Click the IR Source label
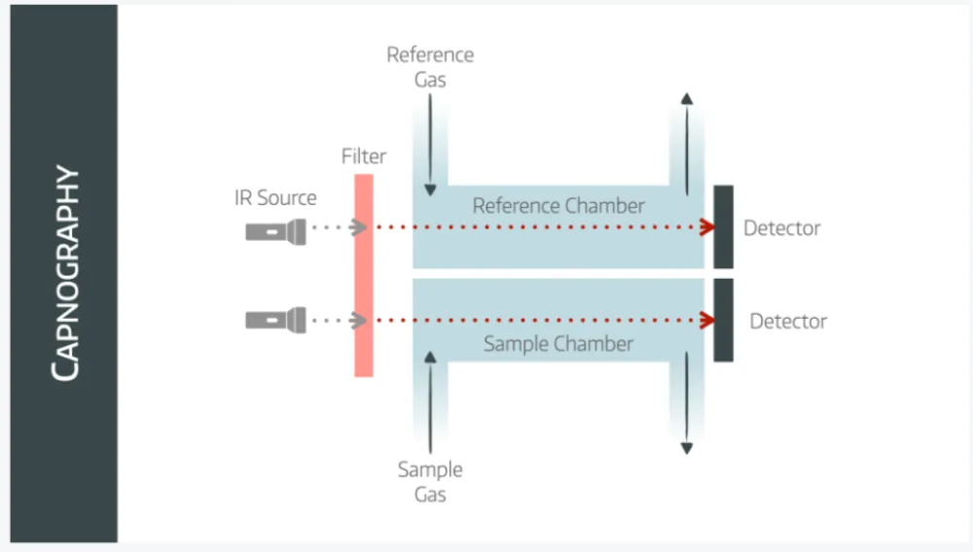[275, 197]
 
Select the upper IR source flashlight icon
[275, 231]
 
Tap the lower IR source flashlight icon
[275, 320]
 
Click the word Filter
[364, 156]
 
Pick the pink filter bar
[364, 275]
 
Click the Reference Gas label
[430, 67]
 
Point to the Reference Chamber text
[559, 206]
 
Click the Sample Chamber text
[559, 344]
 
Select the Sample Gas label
[430, 482]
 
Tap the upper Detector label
[782, 229]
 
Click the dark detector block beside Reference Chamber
[723, 226]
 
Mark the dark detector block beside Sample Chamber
[723, 320]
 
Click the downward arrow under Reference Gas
[430, 146]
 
